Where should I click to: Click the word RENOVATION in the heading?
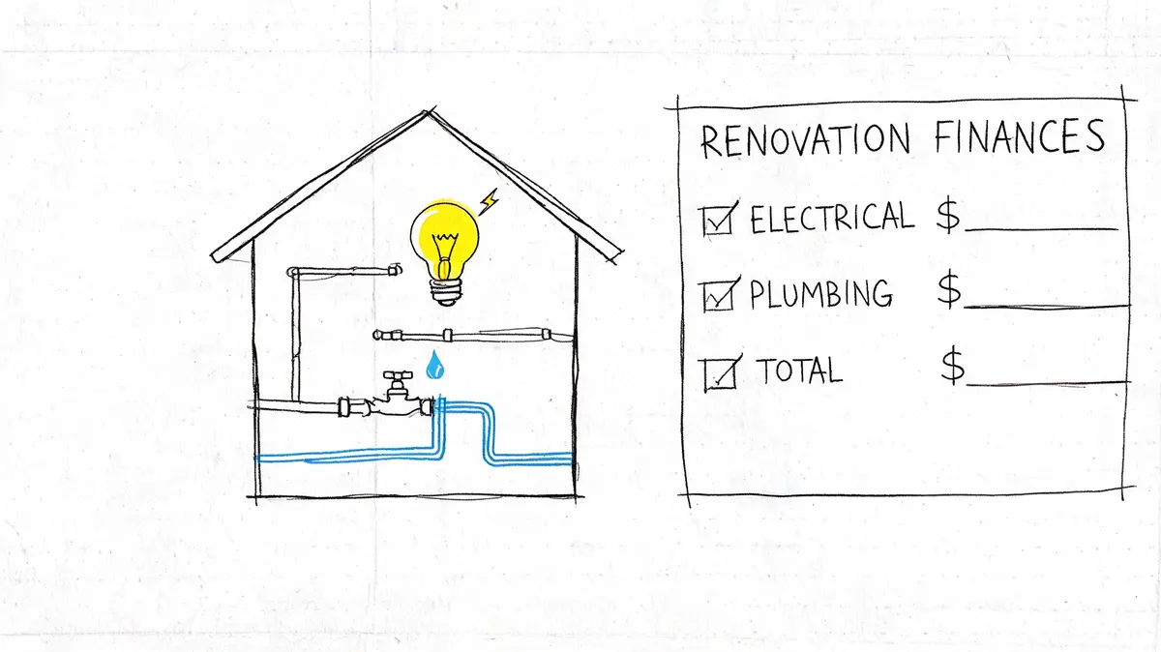(805, 139)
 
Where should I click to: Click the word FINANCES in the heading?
(1020, 136)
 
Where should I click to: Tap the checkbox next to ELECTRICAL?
(718, 220)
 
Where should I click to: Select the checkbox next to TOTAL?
(721, 373)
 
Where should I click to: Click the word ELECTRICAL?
(832, 218)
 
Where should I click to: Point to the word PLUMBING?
(821, 294)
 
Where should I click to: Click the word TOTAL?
(800, 370)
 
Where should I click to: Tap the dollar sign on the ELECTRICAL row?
(948, 216)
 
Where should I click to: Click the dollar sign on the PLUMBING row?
(949, 288)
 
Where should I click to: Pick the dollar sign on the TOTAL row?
(953, 366)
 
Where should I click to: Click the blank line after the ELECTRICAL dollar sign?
(1041, 228)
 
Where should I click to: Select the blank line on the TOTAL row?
(1048, 384)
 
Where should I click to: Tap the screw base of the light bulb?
(446, 292)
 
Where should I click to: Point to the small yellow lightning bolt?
(489, 202)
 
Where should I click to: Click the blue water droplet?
(434, 366)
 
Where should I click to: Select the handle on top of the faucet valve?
(398, 374)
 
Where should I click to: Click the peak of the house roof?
(427, 111)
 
